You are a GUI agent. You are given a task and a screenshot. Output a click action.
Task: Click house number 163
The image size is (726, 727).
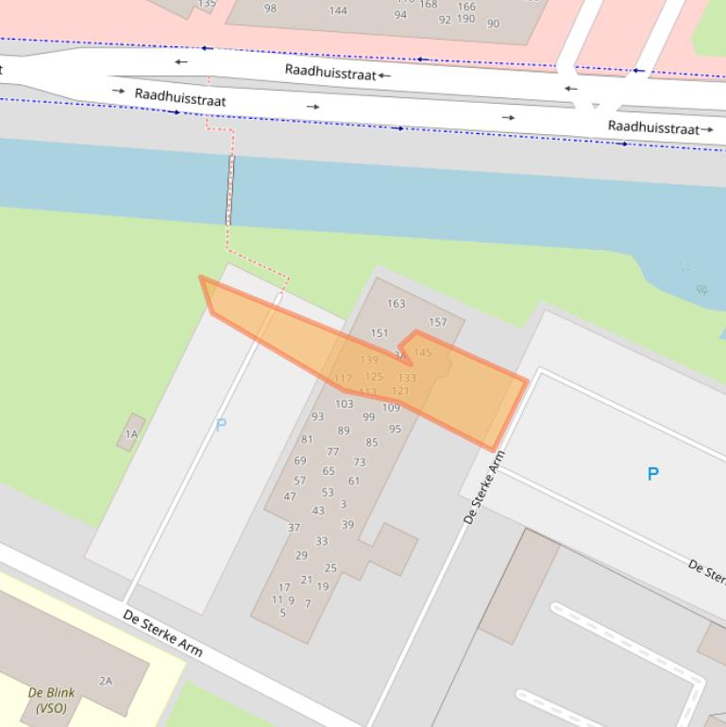pos(396,303)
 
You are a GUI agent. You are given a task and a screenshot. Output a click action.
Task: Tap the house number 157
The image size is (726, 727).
pos(437,322)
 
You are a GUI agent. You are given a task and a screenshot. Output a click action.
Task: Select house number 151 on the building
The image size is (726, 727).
pos(380,332)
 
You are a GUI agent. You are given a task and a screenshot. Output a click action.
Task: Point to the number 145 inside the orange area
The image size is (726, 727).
pos(422,352)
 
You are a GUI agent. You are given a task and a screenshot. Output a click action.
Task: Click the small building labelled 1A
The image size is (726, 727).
pos(132,433)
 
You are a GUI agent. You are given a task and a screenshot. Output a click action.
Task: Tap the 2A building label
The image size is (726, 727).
pos(106,681)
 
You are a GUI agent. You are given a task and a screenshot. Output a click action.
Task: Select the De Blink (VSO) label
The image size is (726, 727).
pos(51,700)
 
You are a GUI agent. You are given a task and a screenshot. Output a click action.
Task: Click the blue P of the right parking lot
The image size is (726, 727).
pos(652,474)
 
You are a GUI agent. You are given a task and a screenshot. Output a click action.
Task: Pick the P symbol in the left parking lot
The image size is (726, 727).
pos(221,425)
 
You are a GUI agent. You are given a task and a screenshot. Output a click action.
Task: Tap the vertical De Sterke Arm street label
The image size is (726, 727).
pos(484,487)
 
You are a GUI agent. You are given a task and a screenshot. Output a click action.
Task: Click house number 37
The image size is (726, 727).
pos(294,528)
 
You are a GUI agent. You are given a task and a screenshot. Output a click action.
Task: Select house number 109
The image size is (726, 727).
pos(391,407)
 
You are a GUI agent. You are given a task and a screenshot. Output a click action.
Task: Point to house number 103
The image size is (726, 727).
pos(344,403)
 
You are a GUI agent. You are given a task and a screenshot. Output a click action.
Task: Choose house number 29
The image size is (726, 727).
pos(301,555)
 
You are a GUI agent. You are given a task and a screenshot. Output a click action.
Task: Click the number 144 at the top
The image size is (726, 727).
pos(338,10)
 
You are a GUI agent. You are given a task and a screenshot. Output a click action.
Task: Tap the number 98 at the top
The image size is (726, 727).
pos(270,8)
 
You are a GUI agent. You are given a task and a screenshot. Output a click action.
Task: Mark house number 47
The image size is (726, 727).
pos(289,497)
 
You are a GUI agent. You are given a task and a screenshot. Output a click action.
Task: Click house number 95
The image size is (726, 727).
pos(395,429)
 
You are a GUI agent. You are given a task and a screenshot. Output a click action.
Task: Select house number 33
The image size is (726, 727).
pos(321,541)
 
